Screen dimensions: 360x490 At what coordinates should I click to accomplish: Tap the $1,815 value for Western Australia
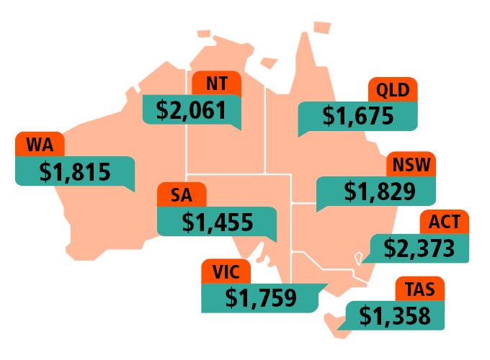pyautogui.click(x=74, y=173)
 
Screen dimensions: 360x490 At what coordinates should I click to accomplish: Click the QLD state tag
pyautogui.click(x=393, y=91)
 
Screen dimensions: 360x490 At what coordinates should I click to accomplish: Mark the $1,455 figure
pyautogui.click(x=217, y=222)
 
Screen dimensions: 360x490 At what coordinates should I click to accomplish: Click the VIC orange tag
pyautogui.click(x=226, y=272)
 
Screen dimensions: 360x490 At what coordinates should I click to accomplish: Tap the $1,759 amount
pyautogui.click(x=261, y=297)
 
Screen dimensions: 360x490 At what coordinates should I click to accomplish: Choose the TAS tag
pyautogui.click(x=419, y=289)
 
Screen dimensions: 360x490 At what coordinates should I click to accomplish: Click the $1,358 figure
pyautogui.click(x=394, y=315)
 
